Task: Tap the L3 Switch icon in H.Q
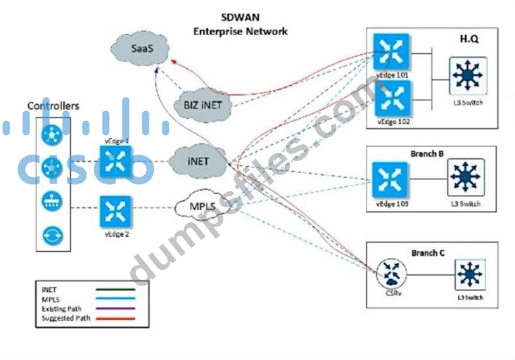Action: [468, 75]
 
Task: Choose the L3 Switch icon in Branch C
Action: [469, 274]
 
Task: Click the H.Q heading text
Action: [469, 39]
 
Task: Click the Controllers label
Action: [53, 106]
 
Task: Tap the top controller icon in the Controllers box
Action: [53, 134]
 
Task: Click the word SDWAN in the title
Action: [240, 19]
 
